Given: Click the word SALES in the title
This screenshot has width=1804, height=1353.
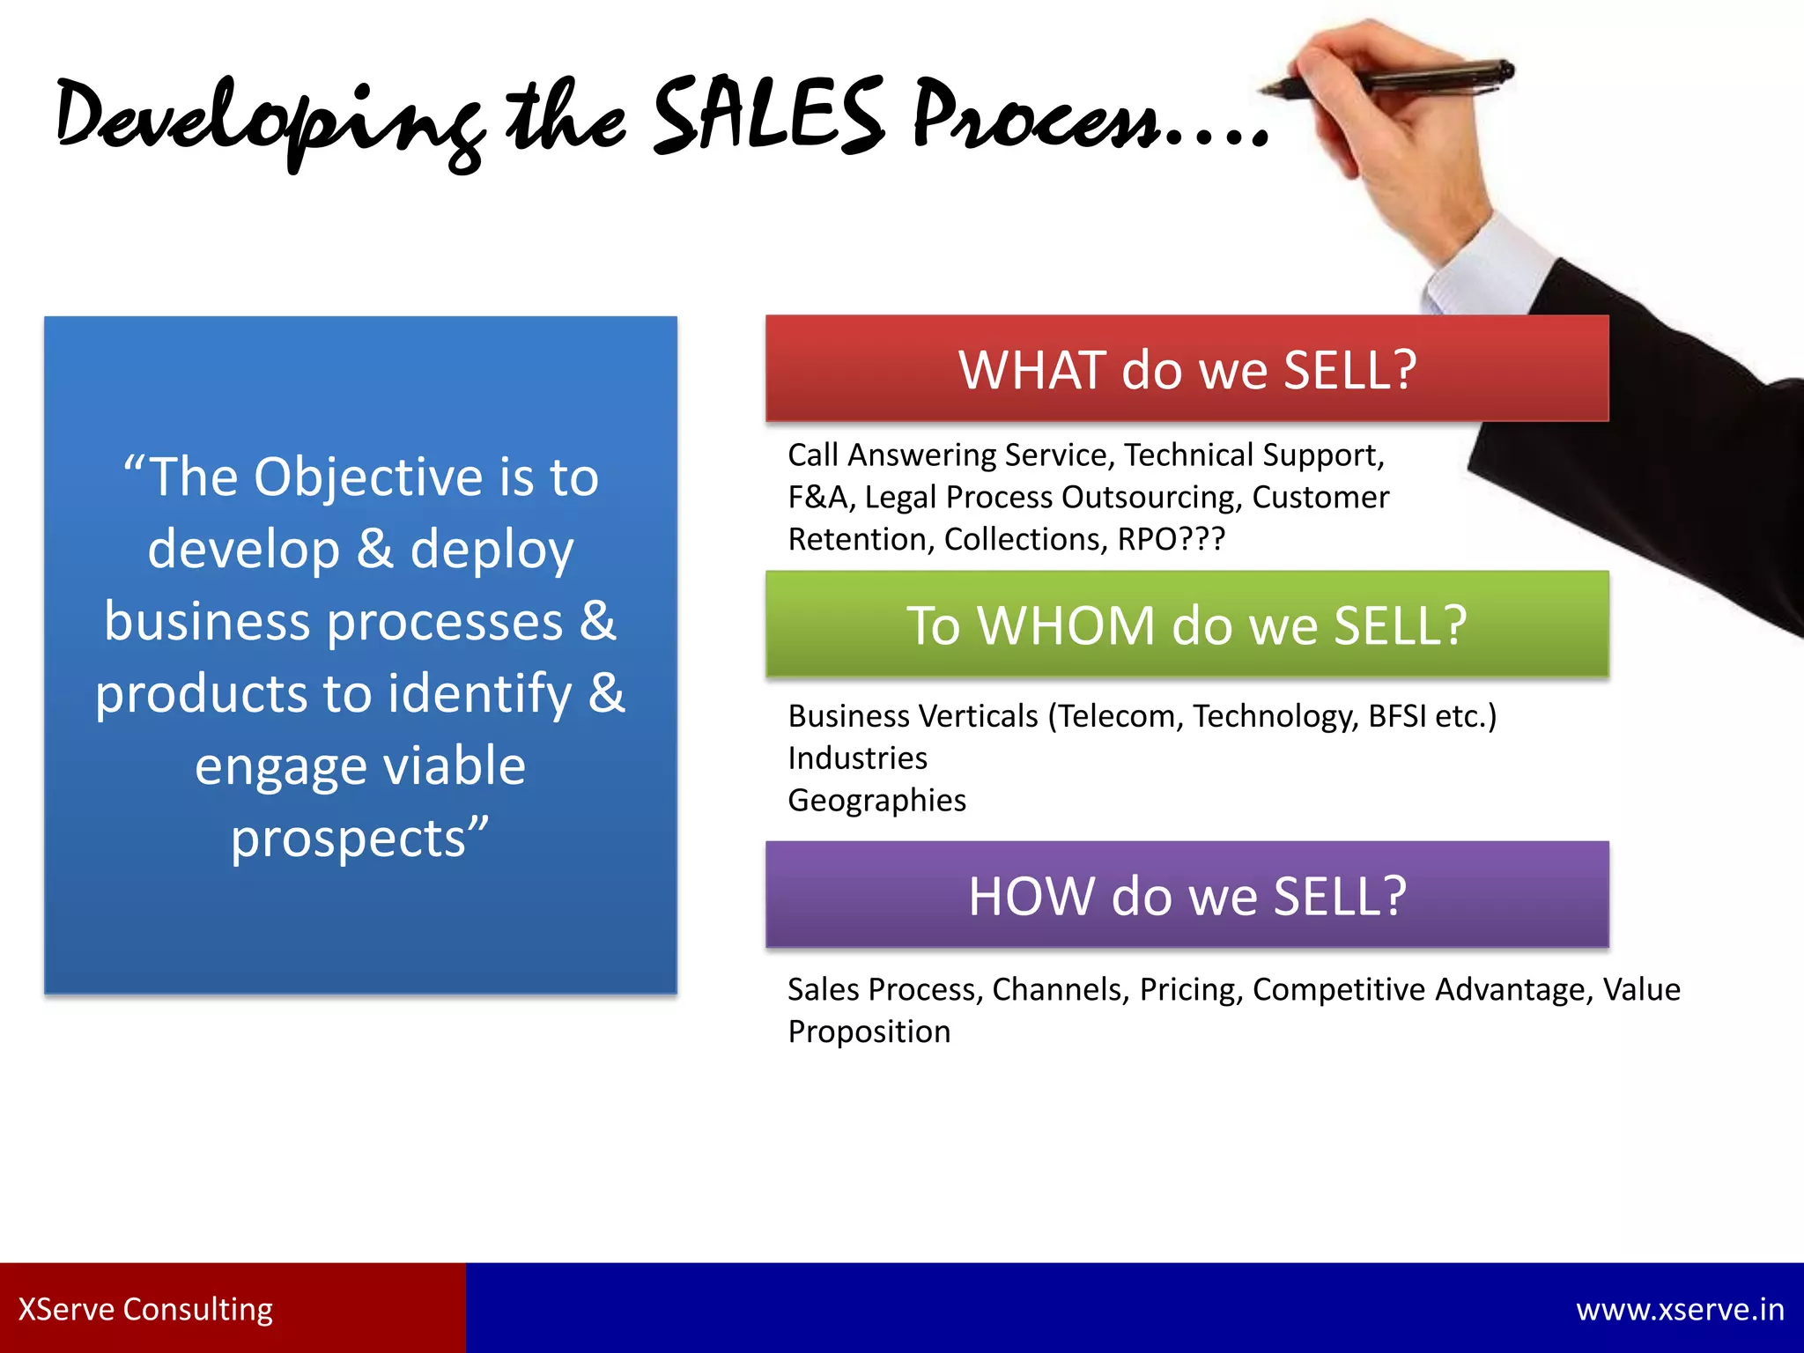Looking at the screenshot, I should point(768,116).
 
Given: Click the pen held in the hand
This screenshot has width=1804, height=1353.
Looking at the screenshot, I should point(1392,78).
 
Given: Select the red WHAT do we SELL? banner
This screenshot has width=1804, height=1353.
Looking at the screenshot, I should point(1187,368).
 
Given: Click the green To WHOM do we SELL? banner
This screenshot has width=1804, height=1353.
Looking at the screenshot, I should point(1187,625).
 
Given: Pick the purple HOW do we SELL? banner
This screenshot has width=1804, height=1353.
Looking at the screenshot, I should point(1187,895).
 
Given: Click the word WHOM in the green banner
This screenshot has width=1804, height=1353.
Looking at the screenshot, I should point(1066,625).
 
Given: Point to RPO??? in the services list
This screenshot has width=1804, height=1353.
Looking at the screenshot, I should point(1171,539).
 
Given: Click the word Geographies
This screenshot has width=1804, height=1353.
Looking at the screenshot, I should point(876,800).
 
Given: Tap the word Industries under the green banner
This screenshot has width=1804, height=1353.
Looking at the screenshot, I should point(857,758).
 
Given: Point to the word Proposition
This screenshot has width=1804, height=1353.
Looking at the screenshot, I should point(869,1031).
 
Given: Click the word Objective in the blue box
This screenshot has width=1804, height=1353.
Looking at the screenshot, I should point(369,477).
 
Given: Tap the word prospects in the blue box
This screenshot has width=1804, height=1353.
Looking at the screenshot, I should point(348,839).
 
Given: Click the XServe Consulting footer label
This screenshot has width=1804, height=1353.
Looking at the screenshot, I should point(145,1309).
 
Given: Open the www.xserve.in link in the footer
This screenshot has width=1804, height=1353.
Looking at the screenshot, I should point(1680,1309).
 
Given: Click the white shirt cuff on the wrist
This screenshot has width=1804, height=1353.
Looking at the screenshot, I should point(1489,264).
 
